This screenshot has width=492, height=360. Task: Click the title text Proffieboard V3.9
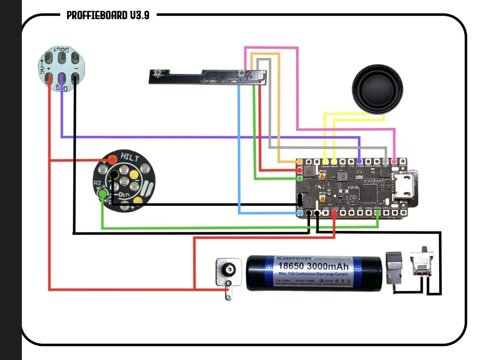point(108,15)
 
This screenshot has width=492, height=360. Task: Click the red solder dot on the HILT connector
point(112,160)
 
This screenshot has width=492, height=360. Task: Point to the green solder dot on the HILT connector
point(103,195)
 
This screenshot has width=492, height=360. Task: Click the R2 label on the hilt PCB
point(97,183)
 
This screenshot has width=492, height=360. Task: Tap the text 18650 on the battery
point(291,266)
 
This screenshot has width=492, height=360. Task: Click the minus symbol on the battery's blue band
point(358,268)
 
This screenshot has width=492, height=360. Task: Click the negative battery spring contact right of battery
point(393,269)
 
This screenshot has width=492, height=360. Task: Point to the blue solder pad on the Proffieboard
point(300,213)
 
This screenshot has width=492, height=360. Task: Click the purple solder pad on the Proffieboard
point(359,161)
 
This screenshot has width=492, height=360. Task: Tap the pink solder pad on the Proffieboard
point(395,161)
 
